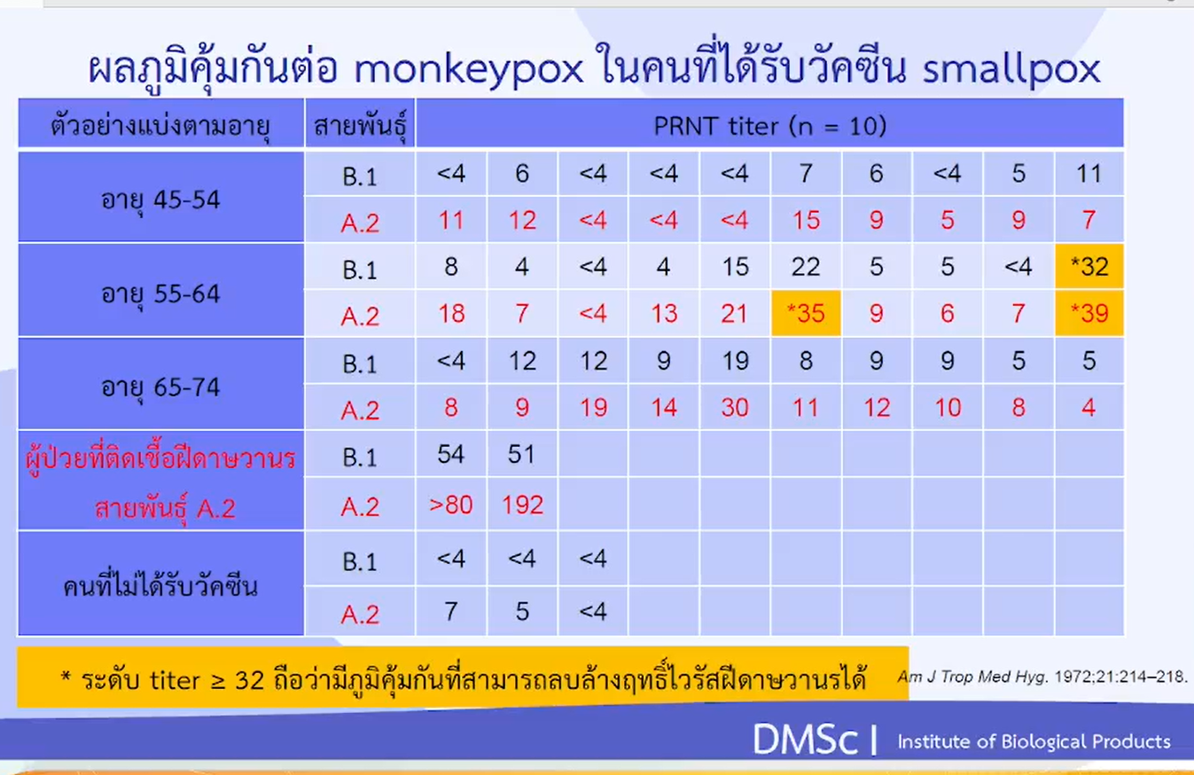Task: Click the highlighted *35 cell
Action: [805, 313]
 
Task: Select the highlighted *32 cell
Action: [1089, 267]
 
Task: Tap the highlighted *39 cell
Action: [1089, 313]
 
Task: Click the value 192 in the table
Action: [521, 505]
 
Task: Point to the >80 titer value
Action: [451, 505]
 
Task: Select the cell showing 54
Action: [451, 455]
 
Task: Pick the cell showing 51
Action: [521, 455]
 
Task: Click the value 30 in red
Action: [734, 407]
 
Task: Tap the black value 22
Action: [805, 267]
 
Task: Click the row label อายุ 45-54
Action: [160, 199]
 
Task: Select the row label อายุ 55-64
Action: [160, 293]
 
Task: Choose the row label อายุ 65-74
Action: [160, 387]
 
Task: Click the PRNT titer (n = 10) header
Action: [769, 126]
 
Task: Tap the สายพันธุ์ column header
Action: [359, 127]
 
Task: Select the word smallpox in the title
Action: [1011, 70]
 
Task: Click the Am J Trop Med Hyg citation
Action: [1042, 677]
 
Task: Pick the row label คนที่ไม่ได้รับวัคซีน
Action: [160, 585]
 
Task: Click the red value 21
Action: [734, 313]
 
